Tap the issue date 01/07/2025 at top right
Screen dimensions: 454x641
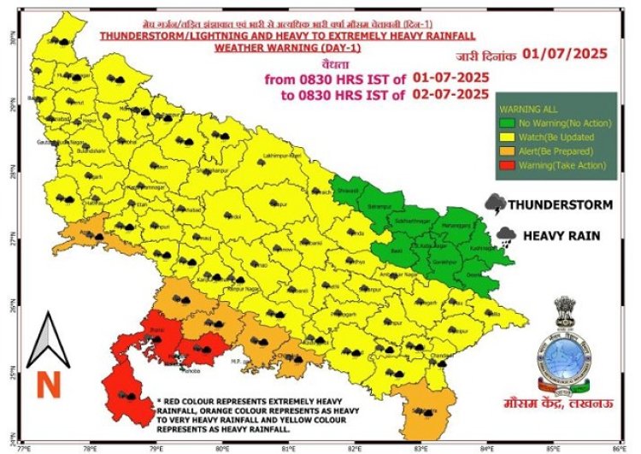coord(565,55)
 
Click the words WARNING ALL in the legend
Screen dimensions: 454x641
coord(524,109)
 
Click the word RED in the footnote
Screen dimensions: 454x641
coord(172,401)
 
